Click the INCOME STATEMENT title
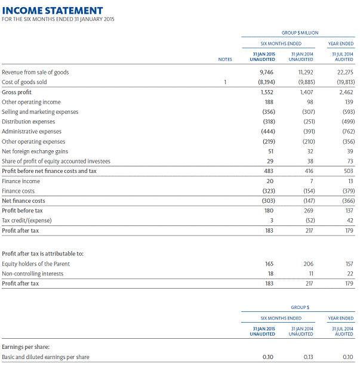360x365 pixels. (x=53, y=11)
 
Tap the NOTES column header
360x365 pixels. (x=224, y=60)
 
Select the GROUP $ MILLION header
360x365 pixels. (x=300, y=33)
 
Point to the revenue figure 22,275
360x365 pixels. (x=344, y=72)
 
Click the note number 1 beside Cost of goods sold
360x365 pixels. (x=225, y=82)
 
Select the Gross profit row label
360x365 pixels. (x=17, y=92)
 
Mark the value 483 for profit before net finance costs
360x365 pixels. (x=268, y=171)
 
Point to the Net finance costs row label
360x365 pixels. (x=23, y=201)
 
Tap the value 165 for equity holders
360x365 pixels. (x=269, y=264)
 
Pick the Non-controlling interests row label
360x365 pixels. (x=32, y=274)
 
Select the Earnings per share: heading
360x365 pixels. (x=25, y=347)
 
